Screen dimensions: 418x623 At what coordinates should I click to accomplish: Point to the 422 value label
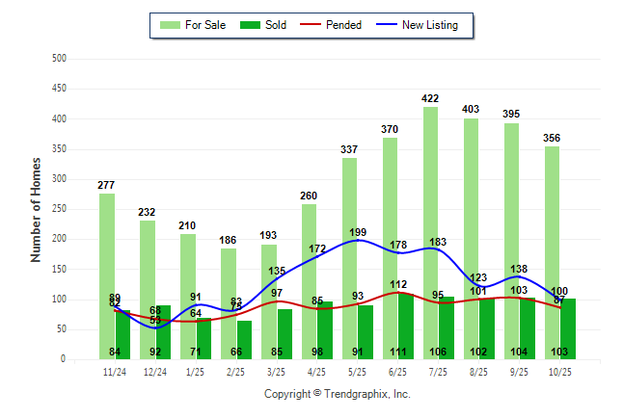point(431,98)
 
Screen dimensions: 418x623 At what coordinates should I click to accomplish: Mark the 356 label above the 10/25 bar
point(552,138)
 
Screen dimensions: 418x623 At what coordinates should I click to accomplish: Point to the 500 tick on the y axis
point(59,59)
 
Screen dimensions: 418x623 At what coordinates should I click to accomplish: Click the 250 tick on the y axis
point(59,209)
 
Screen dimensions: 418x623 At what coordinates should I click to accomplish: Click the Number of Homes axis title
point(36,209)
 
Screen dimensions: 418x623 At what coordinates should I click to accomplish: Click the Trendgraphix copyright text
point(338,394)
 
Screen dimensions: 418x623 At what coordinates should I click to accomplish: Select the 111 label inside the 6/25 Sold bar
point(398,353)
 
